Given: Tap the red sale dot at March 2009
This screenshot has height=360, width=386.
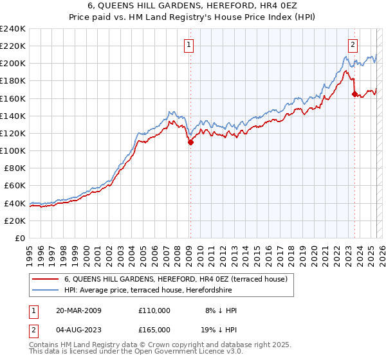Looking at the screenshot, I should pos(190,143).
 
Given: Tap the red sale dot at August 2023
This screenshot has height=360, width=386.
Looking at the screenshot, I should pos(354,94).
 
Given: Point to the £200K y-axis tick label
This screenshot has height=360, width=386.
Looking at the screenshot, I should pos(13,64).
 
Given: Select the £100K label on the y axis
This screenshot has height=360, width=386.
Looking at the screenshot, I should pos(13,151).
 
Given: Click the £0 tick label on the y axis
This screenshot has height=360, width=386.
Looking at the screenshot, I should pos(19,238).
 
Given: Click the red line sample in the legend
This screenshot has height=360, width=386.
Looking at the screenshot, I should pos(46,279).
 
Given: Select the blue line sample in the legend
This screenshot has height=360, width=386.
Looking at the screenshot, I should pos(46,290).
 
